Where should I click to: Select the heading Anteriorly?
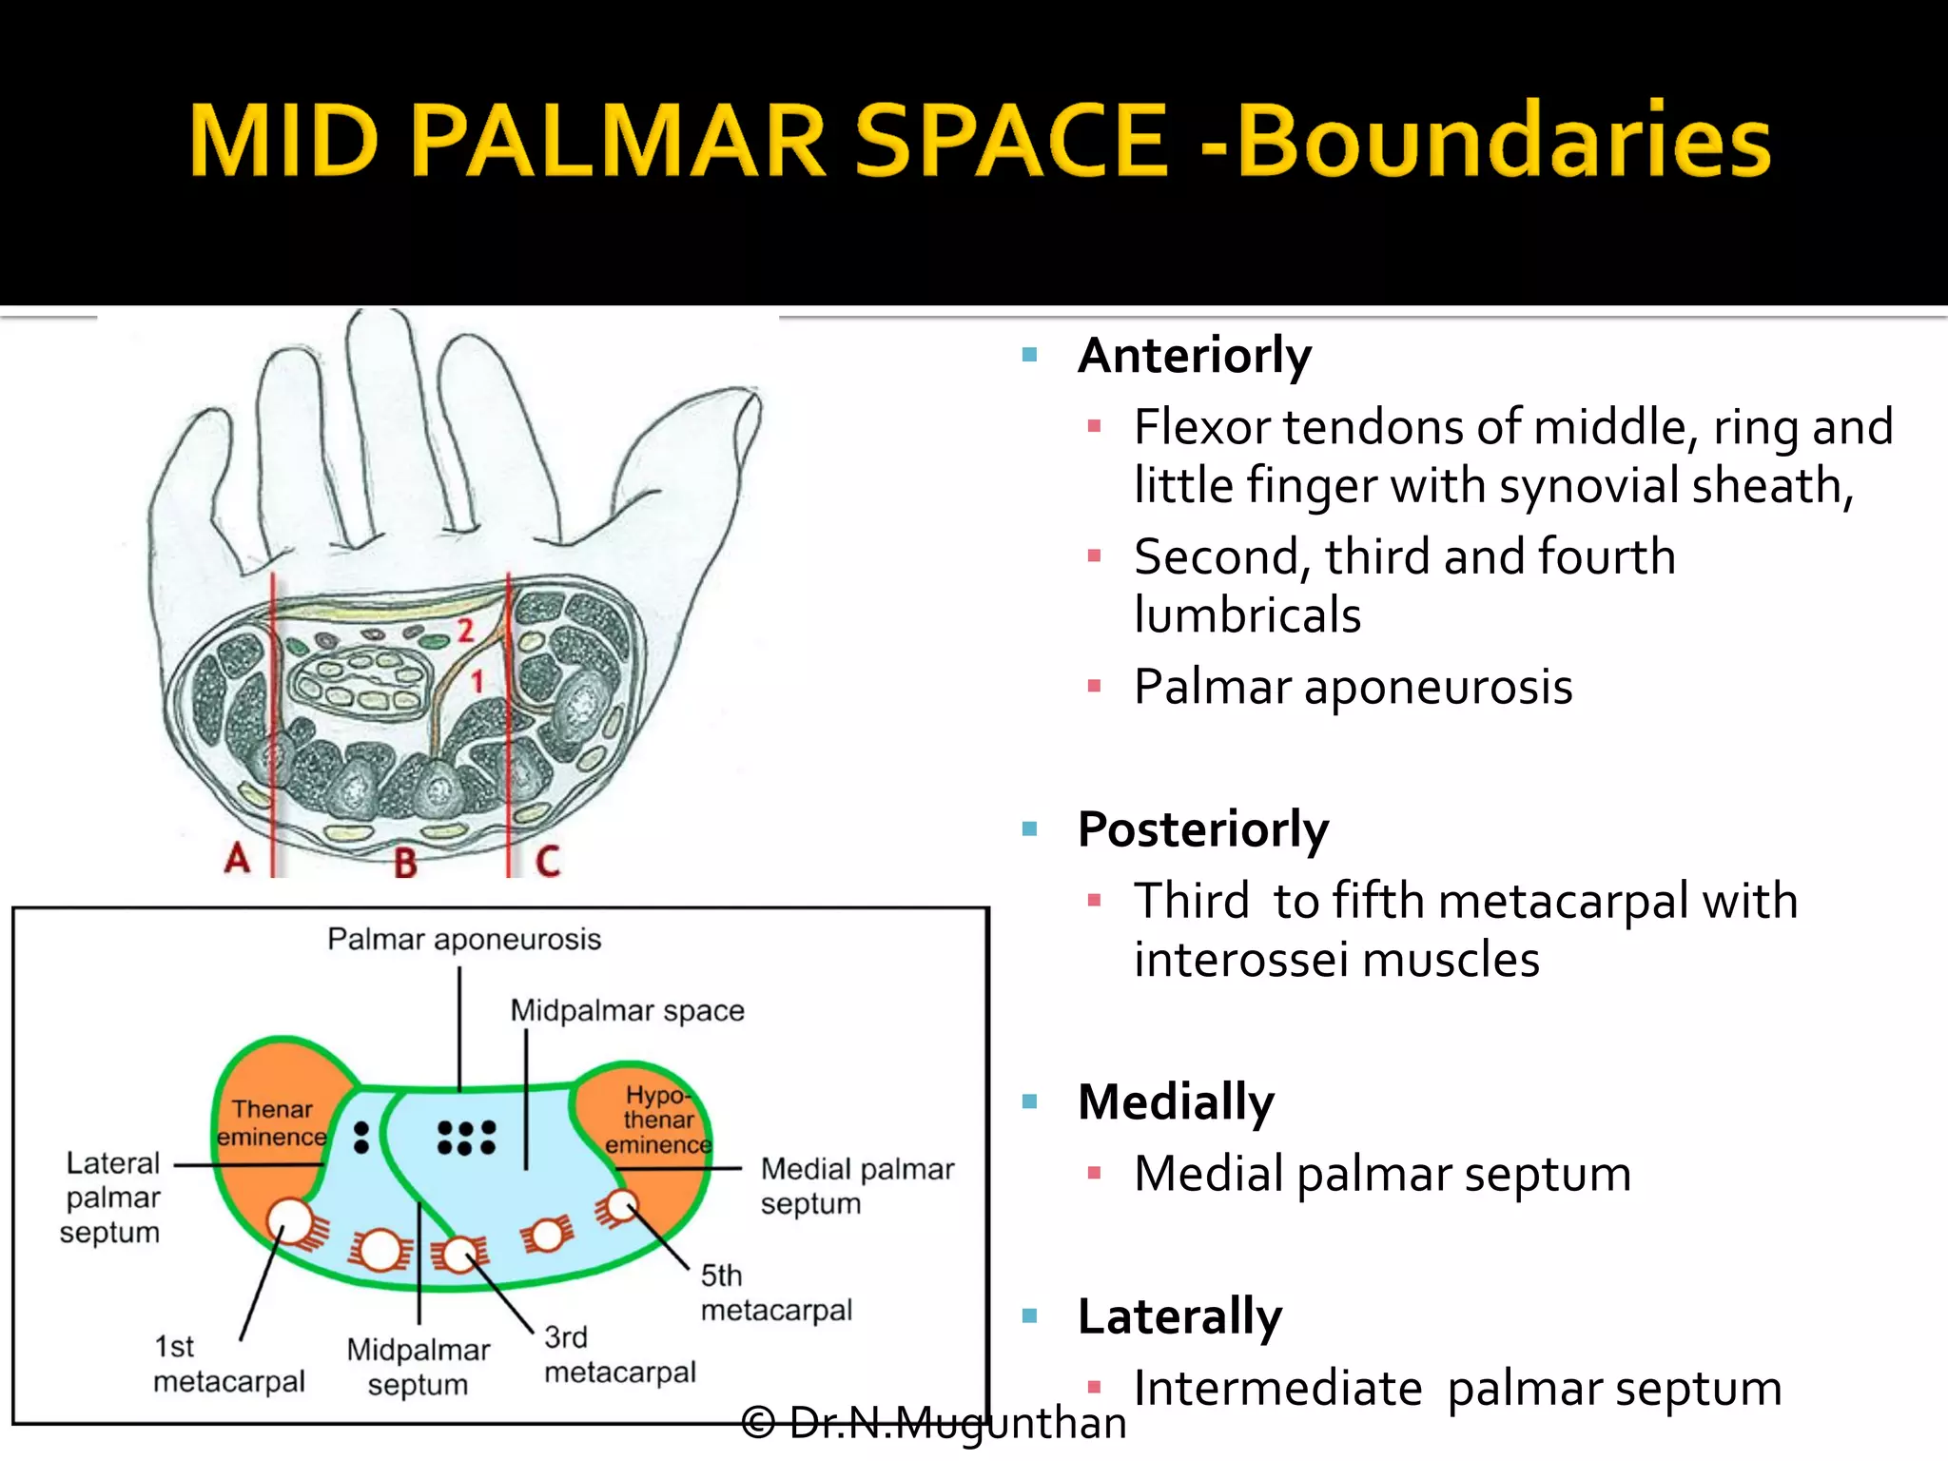pyautogui.click(x=1194, y=356)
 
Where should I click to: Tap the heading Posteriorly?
pyautogui.click(x=1202, y=829)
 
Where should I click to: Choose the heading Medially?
pyautogui.click(x=1176, y=1102)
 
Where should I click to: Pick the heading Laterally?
pyautogui.click(x=1179, y=1316)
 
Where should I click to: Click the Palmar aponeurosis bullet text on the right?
pyautogui.click(x=1353, y=687)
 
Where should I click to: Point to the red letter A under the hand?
pyautogui.click(x=237, y=859)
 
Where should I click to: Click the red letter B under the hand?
pyautogui.click(x=405, y=864)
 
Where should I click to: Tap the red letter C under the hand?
pyautogui.click(x=548, y=862)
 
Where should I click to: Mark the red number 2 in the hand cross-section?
pyautogui.click(x=465, y=630)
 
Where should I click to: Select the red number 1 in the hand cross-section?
pyautogui.click(x=477, y=681)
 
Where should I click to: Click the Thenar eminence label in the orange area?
pyautogui.click(x=272, y=1123)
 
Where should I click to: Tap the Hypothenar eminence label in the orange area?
pyautogui.click(x=658, y=1120)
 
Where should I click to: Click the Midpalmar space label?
pyautogui.click(x=627, y=1010)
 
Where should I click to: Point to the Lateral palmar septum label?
pyautogui.click(x=111, y=1198)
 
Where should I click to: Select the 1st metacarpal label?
pyautogui.click(x=228, y=1364)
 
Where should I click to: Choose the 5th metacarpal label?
pyautogui.click(x=775, y=1293)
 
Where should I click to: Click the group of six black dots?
pyautogui.click(x=466, y=1138)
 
